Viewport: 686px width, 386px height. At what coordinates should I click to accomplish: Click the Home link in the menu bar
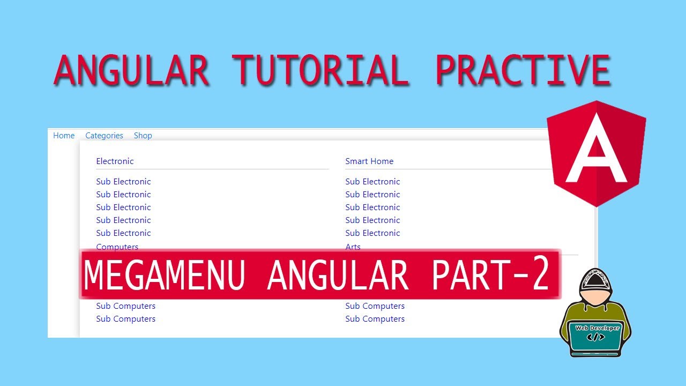pos(64,136)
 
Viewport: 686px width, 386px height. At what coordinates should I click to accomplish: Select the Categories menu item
pos(104,136)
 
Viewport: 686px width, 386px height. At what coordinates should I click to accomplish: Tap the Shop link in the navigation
pos(143,136)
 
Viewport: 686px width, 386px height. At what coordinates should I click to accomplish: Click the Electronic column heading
pos(115,161)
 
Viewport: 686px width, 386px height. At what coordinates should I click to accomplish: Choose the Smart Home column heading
pos(369,161)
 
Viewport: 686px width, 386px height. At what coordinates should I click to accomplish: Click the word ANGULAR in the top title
pos(131,70)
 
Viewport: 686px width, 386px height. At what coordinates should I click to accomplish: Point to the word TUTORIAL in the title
pos(320,70)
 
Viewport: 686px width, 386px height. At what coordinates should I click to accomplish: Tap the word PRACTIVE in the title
pos(523,70)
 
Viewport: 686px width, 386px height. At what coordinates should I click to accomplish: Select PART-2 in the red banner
pos(490,274)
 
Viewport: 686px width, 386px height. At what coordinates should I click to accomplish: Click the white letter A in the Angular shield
pos(596,152)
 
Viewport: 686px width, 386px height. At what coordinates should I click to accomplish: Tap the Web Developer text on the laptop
pos(597,328)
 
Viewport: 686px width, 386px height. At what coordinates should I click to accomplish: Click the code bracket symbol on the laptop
pos(596,338)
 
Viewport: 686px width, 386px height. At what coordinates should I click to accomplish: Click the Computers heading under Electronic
pos(117,247)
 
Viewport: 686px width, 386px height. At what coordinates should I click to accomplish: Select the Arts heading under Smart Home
pos(353,247)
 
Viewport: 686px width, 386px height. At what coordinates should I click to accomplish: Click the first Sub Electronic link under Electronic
pos(123,182)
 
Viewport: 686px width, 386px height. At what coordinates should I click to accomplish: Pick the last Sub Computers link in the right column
pos(375,319)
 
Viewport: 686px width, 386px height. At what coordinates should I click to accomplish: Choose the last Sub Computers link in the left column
pos(125,319)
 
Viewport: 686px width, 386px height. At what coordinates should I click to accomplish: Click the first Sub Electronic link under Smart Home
pos(372,182)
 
